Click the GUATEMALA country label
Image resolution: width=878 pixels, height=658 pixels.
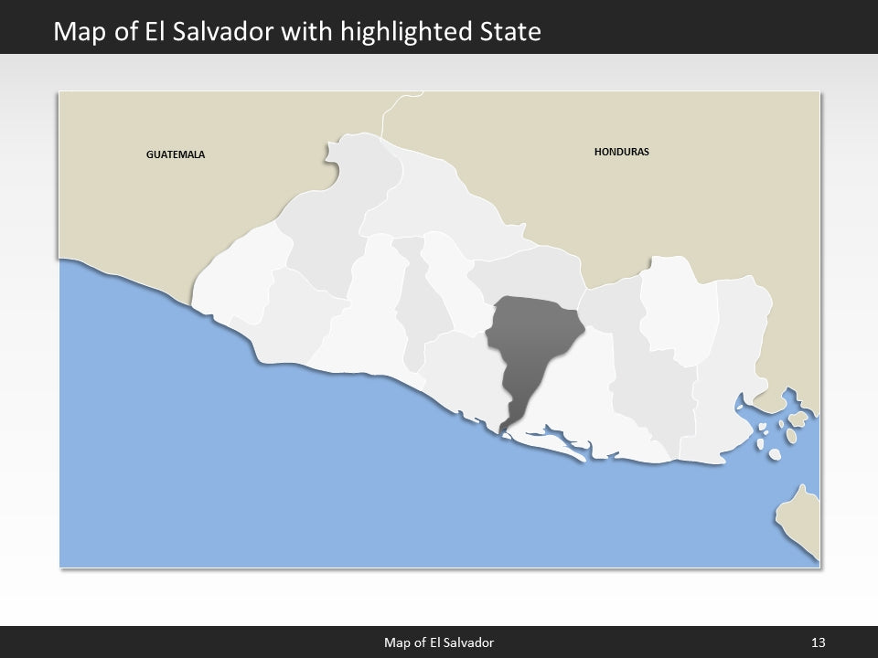pos(176,154)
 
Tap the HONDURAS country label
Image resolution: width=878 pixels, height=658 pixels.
pos(621,152)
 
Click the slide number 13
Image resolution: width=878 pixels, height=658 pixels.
pos(819,642)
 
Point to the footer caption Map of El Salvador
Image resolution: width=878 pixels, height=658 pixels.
pos(438,642)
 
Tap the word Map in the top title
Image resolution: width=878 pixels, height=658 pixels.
pos(79,33)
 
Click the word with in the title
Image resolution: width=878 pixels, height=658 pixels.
pos(311,33)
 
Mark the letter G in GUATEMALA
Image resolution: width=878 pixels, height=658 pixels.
pos(150,154)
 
